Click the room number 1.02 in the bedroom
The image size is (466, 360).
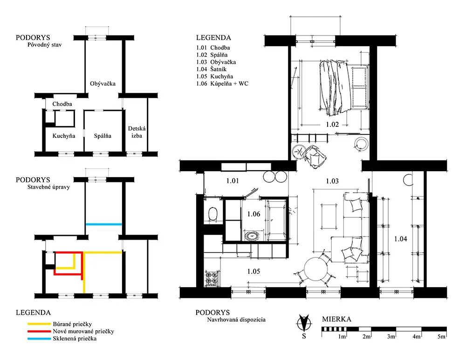pyautogui.click(x=332, y=125)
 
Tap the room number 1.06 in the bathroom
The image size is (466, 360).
pyautogui.click(x=254, y=214)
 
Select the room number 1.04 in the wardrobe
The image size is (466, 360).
pyautogui.click(x=401, y=239)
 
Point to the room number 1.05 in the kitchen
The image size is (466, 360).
pyautogui.click(x=254, y=271)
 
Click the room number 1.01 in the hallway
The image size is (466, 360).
pyautogui.click(x=233, y=180)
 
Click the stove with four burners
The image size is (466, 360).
pyautogui.click(x=211, y=278)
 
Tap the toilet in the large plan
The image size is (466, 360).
pyautogui.click(x=213, y=214)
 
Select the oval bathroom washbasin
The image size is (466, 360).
pyautogui.click(x=252, y=236)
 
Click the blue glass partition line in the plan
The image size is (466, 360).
pyautogui.click(x=104, y=224)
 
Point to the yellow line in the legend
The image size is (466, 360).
pyautogui.click(x=39, y=324)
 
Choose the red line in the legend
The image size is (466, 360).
pyautogui.click(x=39, y=331)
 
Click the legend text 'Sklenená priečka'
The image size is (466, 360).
pyautogui.click(x=75, y=338)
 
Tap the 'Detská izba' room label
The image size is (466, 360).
pyautogui.click(x=137, y=132)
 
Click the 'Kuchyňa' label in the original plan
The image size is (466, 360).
pyautogui.click(x=63, y=136)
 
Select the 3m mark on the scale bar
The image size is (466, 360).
pyautogui.click(x=391, y=336)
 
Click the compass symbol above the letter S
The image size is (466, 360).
pyautogui.click(x=304, y=323)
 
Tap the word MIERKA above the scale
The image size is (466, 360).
pyautogui.click(x=336, y=319)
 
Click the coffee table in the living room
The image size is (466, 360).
pyautogui.click(x=329, y=216)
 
